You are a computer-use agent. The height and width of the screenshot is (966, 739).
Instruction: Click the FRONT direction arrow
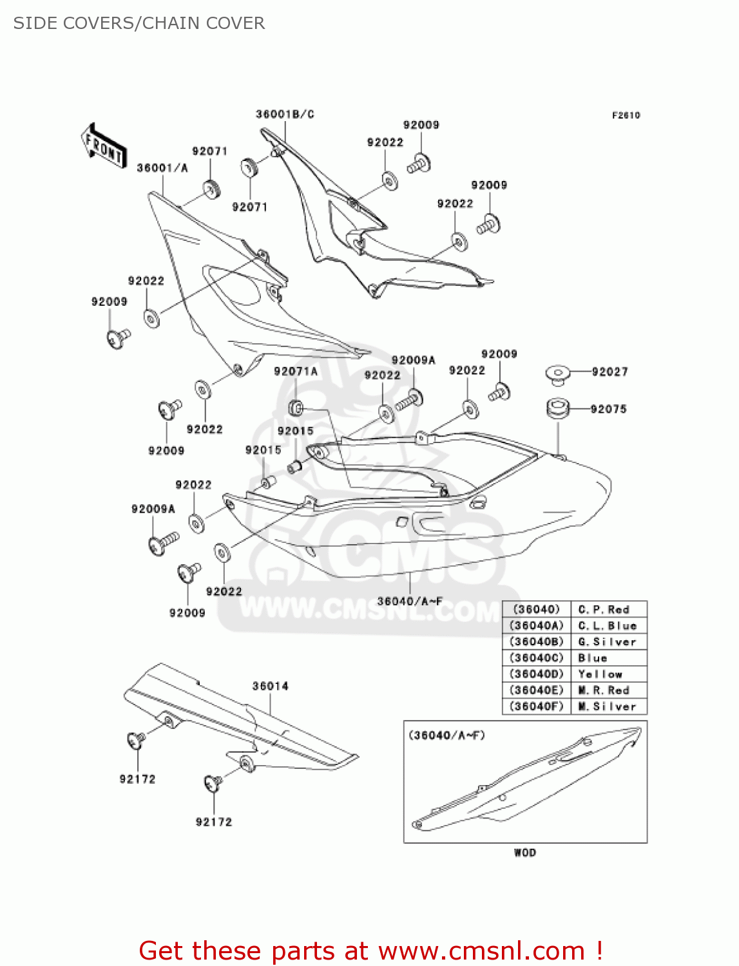(x=104, y=146)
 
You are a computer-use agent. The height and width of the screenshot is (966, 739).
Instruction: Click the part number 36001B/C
(x=285, y=115)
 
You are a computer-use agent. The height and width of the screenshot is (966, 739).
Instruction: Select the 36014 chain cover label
(x=270, y=687)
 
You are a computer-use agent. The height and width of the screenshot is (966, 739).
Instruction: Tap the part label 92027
(x=609, y=372)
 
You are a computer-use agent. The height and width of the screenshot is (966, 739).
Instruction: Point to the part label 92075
(x=608, y=409)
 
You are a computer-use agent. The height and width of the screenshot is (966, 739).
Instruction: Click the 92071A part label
(x=296, y=372)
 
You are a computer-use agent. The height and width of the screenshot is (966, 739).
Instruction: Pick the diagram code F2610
(x=626, y=115)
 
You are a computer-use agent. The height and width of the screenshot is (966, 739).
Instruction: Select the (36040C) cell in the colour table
(x=537, y=658)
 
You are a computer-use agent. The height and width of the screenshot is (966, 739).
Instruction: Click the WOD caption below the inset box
(x=524, y=853)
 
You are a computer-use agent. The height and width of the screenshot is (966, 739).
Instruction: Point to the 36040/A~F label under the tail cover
(x=410, y=601)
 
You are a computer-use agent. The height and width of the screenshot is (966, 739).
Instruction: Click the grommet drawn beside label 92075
(x=558, y=408)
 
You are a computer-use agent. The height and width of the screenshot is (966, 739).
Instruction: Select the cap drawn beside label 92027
(x=557, y=374)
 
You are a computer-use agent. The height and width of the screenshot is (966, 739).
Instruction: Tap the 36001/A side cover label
(x=162, y=168)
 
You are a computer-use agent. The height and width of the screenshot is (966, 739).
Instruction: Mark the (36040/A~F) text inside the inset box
(x=446, y=735)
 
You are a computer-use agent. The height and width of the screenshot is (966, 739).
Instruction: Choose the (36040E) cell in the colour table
(x=537, y=690)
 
